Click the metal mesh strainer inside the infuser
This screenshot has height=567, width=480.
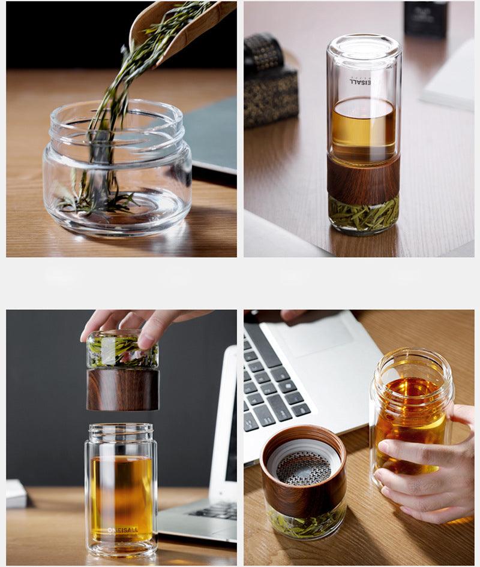(x=303, y=468)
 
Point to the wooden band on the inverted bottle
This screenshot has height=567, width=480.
(x=364, y=179)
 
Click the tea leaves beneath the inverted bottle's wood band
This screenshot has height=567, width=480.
(x=364, y=214)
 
